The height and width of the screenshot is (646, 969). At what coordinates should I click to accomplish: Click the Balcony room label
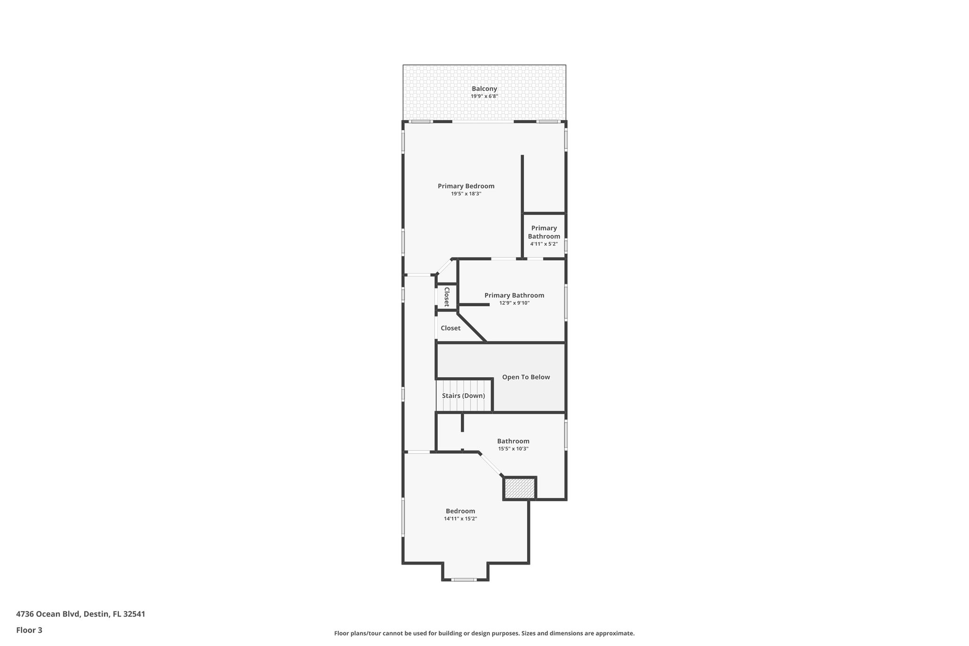click(x=484, y=88)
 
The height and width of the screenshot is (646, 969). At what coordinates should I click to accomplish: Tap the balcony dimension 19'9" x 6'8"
click(x=484, y=97)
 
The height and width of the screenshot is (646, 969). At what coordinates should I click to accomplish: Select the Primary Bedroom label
click(x=466, y=186)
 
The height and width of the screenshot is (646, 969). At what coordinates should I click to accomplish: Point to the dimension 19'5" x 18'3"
click(x=466, y=194)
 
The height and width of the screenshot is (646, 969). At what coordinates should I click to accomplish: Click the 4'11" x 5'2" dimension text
click(x=544, y=244)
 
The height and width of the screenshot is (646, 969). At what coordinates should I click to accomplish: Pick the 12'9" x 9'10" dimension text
click(x=514, y=303)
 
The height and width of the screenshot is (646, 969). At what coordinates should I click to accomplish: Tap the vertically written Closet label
click(x=446, y=297)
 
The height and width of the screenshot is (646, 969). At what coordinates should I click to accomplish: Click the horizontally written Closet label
click(x=450, y=328)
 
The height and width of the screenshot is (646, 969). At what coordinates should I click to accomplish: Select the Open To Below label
click(x=526, y=377)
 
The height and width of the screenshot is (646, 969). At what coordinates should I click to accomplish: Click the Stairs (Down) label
click(x=463, y=396)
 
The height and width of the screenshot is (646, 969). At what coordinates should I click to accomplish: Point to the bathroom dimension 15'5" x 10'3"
click(x=513, y=449)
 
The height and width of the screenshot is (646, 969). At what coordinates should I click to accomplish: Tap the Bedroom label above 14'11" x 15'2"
click(x=460, y=511)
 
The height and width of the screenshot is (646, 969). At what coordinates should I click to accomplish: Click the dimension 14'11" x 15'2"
click(x=460, y=519)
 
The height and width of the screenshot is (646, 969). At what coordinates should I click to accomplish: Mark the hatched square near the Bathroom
click(x=519, y=488)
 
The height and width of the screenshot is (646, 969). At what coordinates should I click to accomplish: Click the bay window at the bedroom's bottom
click(x=464, y=580)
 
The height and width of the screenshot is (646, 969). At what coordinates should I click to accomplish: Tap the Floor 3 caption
click(x=29, y=630)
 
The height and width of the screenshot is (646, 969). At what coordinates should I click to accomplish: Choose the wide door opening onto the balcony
click(x=483, y=122)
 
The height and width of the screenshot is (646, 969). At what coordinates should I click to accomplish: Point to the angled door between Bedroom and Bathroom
click(x=491, y=464)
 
